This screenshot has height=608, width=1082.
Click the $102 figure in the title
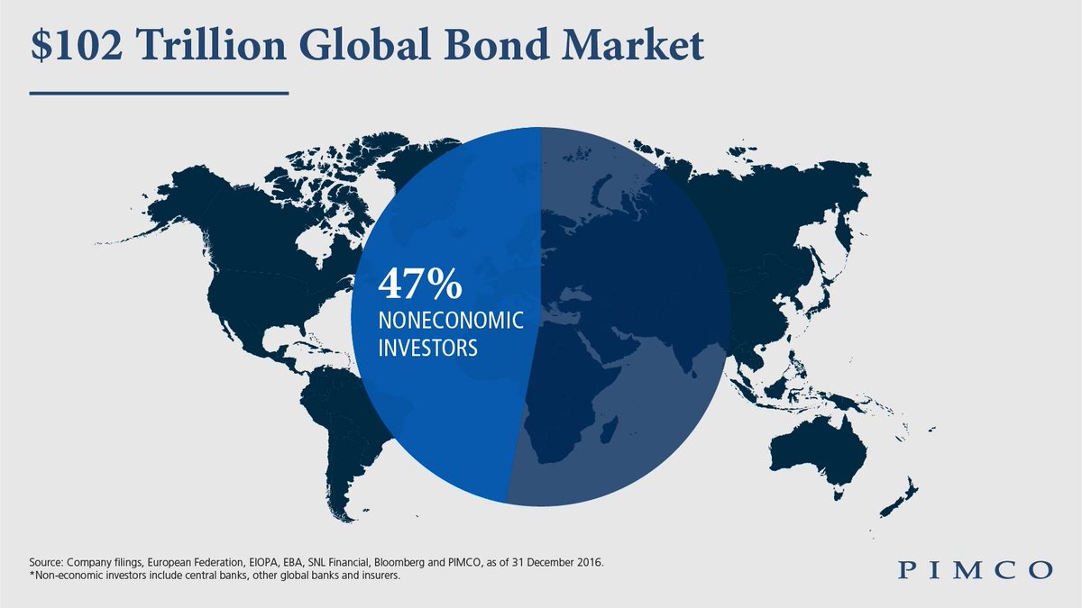click(x=77, y=45)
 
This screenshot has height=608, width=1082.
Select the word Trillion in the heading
click(x=212, y=45)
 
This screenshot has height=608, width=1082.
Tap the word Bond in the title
click(x=496, y=45)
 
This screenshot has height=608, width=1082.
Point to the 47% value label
click(x=420, y=285)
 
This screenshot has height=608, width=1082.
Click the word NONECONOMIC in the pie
click(x=451, y=320)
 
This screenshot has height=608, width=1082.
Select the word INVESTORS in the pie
click(x=428, y=348)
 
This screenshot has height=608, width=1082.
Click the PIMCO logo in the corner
click(x=976, y=570)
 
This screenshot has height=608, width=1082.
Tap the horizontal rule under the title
click(x=159, y=93)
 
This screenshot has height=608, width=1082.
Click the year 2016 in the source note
click(x=590, y=563)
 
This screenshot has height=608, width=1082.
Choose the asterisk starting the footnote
click(x=32, y=575)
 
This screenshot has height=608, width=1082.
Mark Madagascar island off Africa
click(x=610, y=431)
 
